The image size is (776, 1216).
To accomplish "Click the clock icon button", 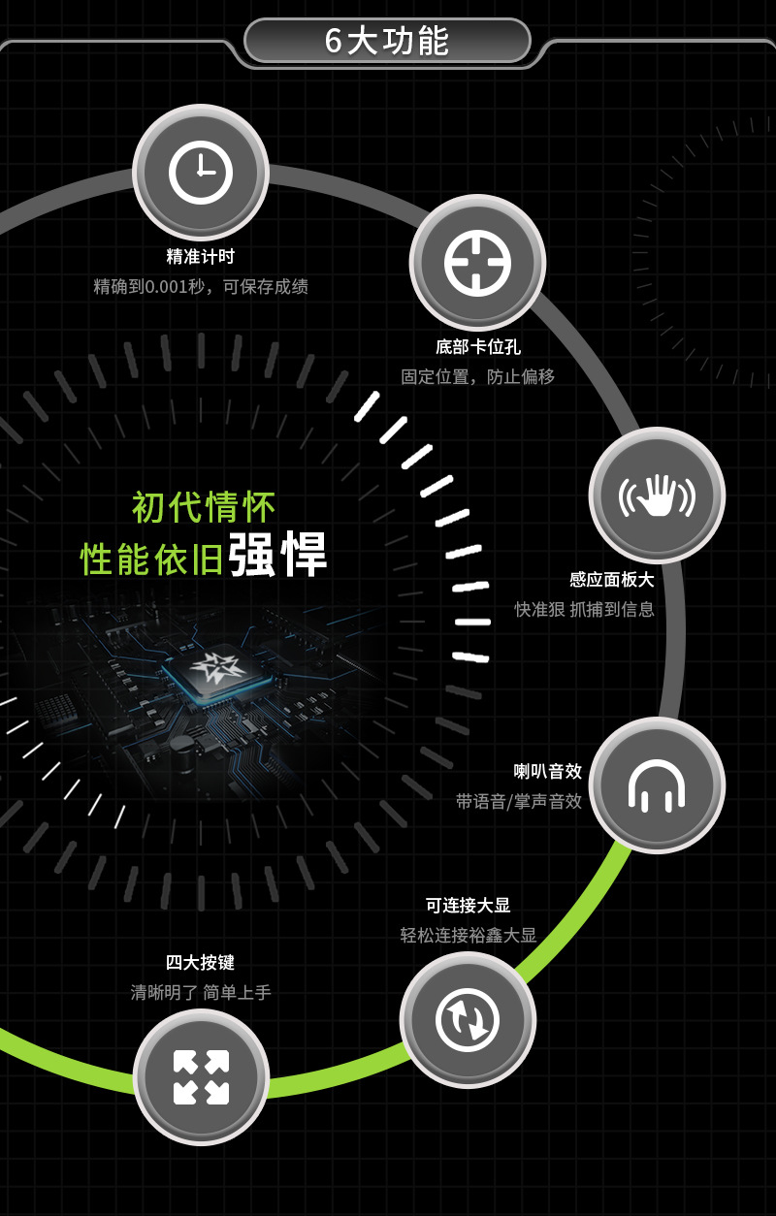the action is [x=201, y=173].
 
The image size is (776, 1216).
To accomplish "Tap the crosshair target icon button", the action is [x=477, y=263].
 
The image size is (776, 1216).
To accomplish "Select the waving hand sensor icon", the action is [x=657, y=495].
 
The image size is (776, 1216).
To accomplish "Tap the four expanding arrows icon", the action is [x=201, y=1077].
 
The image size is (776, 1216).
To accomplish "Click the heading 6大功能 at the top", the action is [x=387, y=41].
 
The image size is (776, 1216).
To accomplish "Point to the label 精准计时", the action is [x=201, y=257].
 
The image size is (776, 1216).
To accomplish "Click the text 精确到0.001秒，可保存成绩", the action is [x=201, y=286].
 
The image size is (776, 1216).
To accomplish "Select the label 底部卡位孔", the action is [x=477, y=347].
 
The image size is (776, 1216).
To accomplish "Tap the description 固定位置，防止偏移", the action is [x=477, y=376].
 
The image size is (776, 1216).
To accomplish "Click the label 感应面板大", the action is [x=612, y=580].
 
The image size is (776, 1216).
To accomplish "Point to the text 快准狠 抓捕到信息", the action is [x=584, y=609].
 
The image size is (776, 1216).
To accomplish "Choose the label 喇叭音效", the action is [x=548, y=771].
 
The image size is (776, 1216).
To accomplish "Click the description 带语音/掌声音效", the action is [x=519, y=801].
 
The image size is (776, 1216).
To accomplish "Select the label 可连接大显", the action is [x=468, y=905].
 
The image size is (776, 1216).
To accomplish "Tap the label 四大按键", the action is [x=201, y=963].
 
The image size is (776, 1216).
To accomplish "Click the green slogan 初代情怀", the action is [x=204, y=507].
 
